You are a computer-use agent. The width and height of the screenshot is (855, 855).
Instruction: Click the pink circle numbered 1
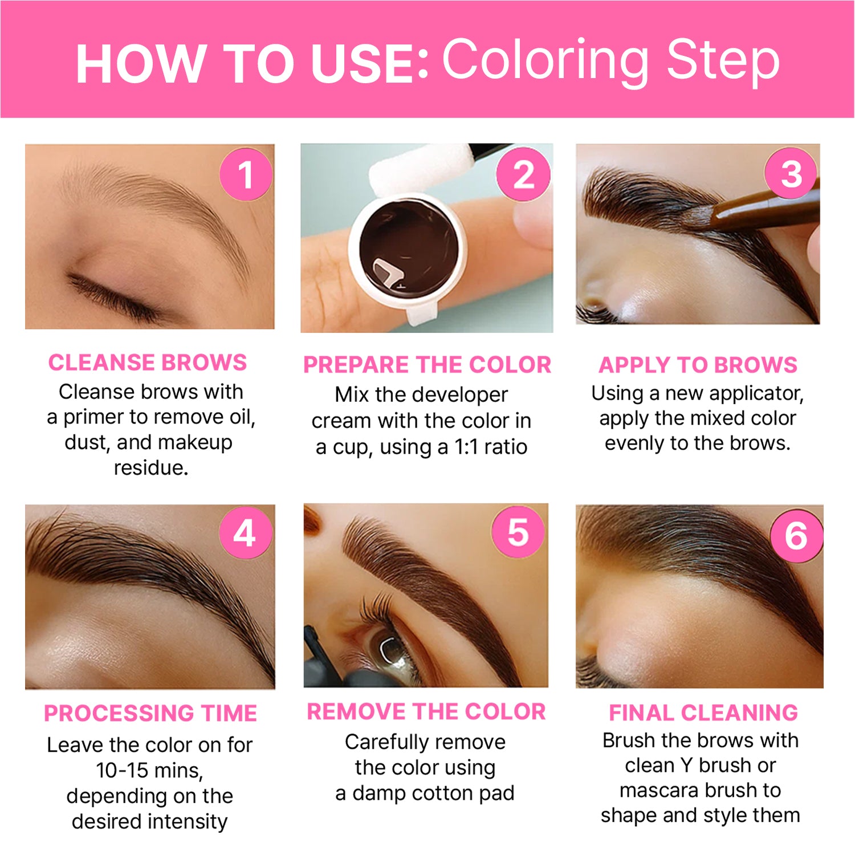(x=246, y=174)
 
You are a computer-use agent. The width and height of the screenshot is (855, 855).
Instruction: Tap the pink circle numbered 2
(x=523, y=174)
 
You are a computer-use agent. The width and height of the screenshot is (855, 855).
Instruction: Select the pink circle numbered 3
(x=791, y=173)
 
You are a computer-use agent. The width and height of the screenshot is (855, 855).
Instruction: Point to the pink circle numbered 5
(x=518, y=532)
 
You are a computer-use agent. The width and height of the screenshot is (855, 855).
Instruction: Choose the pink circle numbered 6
(x=796, y=536)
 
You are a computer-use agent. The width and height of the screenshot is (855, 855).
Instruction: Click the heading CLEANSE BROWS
(x=148, y=363)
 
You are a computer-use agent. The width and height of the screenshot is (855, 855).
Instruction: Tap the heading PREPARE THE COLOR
(x=427, y=365)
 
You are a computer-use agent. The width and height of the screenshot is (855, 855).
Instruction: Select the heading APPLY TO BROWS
(x=698, y=365)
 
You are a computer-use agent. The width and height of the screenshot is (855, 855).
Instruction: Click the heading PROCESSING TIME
(x=150, y=714)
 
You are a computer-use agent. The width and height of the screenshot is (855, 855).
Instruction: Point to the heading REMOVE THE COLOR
(x=426, y=711)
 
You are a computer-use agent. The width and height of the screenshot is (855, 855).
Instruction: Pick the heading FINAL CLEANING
(x=703, y=712)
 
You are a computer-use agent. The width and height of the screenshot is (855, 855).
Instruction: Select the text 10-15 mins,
(x=149, y=771)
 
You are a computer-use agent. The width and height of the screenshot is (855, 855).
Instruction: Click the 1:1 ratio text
(x=491, y=447)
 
